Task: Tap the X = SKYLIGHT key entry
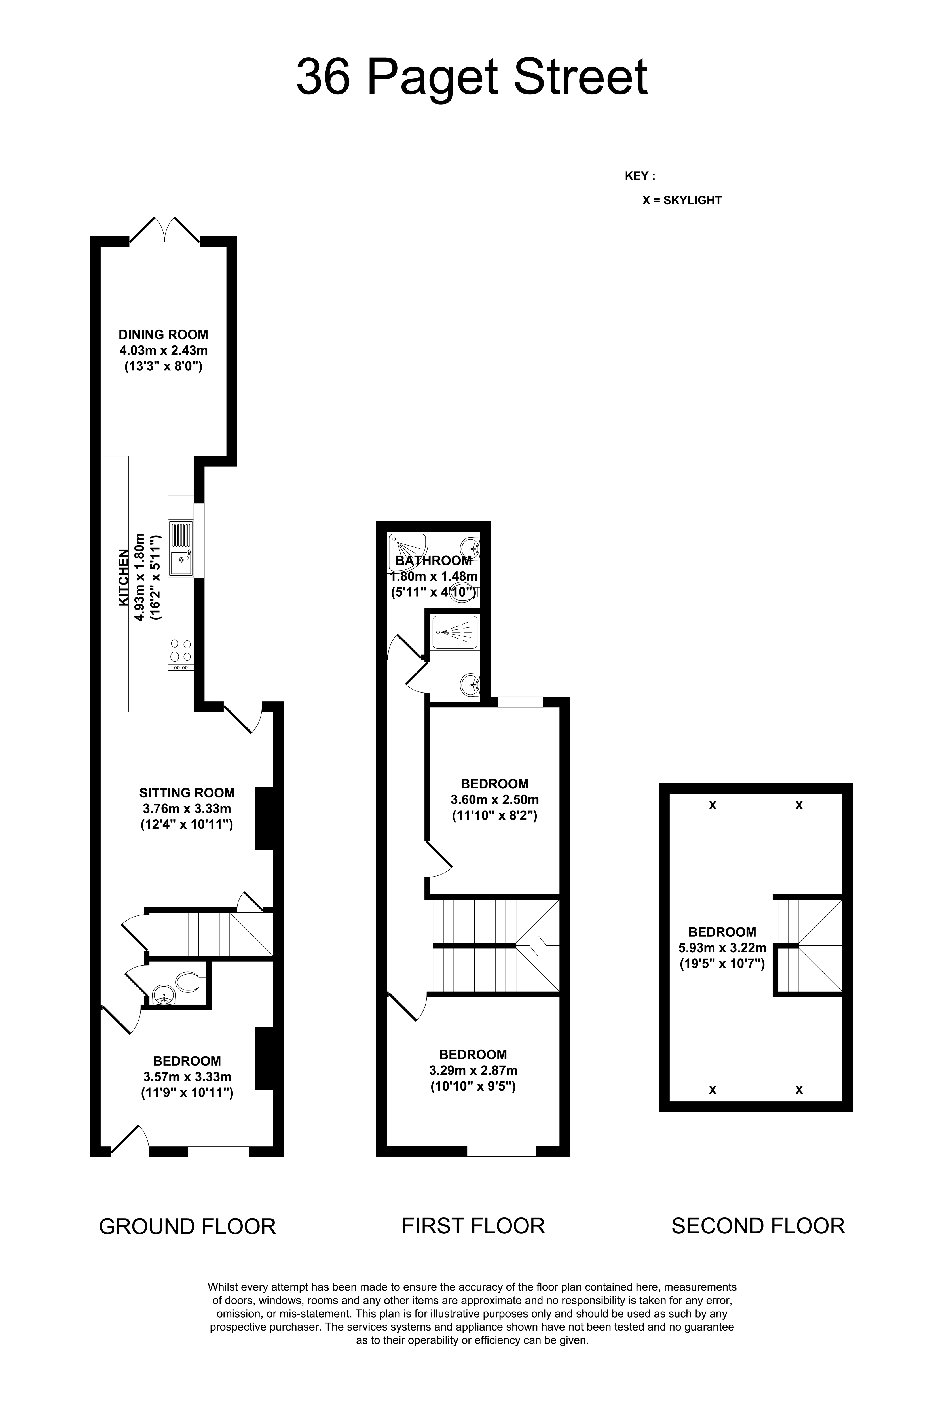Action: click(x=682, y=201)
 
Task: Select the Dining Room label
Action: click(x=163, y=334)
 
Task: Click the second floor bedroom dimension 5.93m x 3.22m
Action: click(x=722, y=948)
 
